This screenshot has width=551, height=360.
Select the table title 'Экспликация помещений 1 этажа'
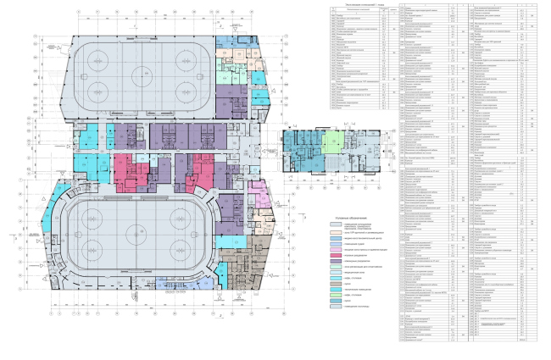pos(354,6)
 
